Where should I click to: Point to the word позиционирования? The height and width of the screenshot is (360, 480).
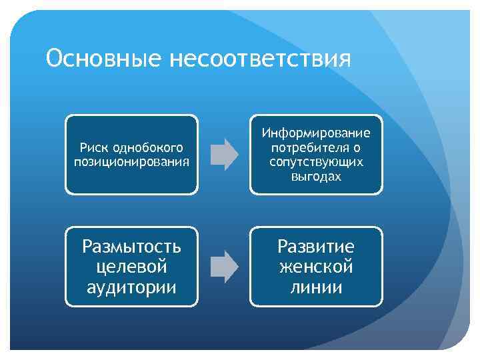point(131,162)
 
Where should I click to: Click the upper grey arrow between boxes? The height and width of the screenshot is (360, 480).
point(224,154)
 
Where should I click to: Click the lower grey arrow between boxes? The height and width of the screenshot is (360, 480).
point(224,266)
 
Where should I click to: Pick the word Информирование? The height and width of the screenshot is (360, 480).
point(316,133)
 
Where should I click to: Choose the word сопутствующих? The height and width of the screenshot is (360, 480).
point(316,162)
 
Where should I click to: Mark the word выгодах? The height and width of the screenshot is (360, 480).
point(316,177)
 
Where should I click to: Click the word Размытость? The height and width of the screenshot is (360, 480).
point(131,247)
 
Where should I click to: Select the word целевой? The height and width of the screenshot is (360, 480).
point(131,267)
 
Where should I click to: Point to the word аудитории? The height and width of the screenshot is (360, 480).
point(131,287)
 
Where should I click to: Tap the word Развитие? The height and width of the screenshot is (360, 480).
point(316,247)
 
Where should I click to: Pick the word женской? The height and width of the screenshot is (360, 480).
point(316,267)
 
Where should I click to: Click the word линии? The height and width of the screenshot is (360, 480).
point(316,287)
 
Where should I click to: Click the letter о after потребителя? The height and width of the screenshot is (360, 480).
point(358,148)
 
